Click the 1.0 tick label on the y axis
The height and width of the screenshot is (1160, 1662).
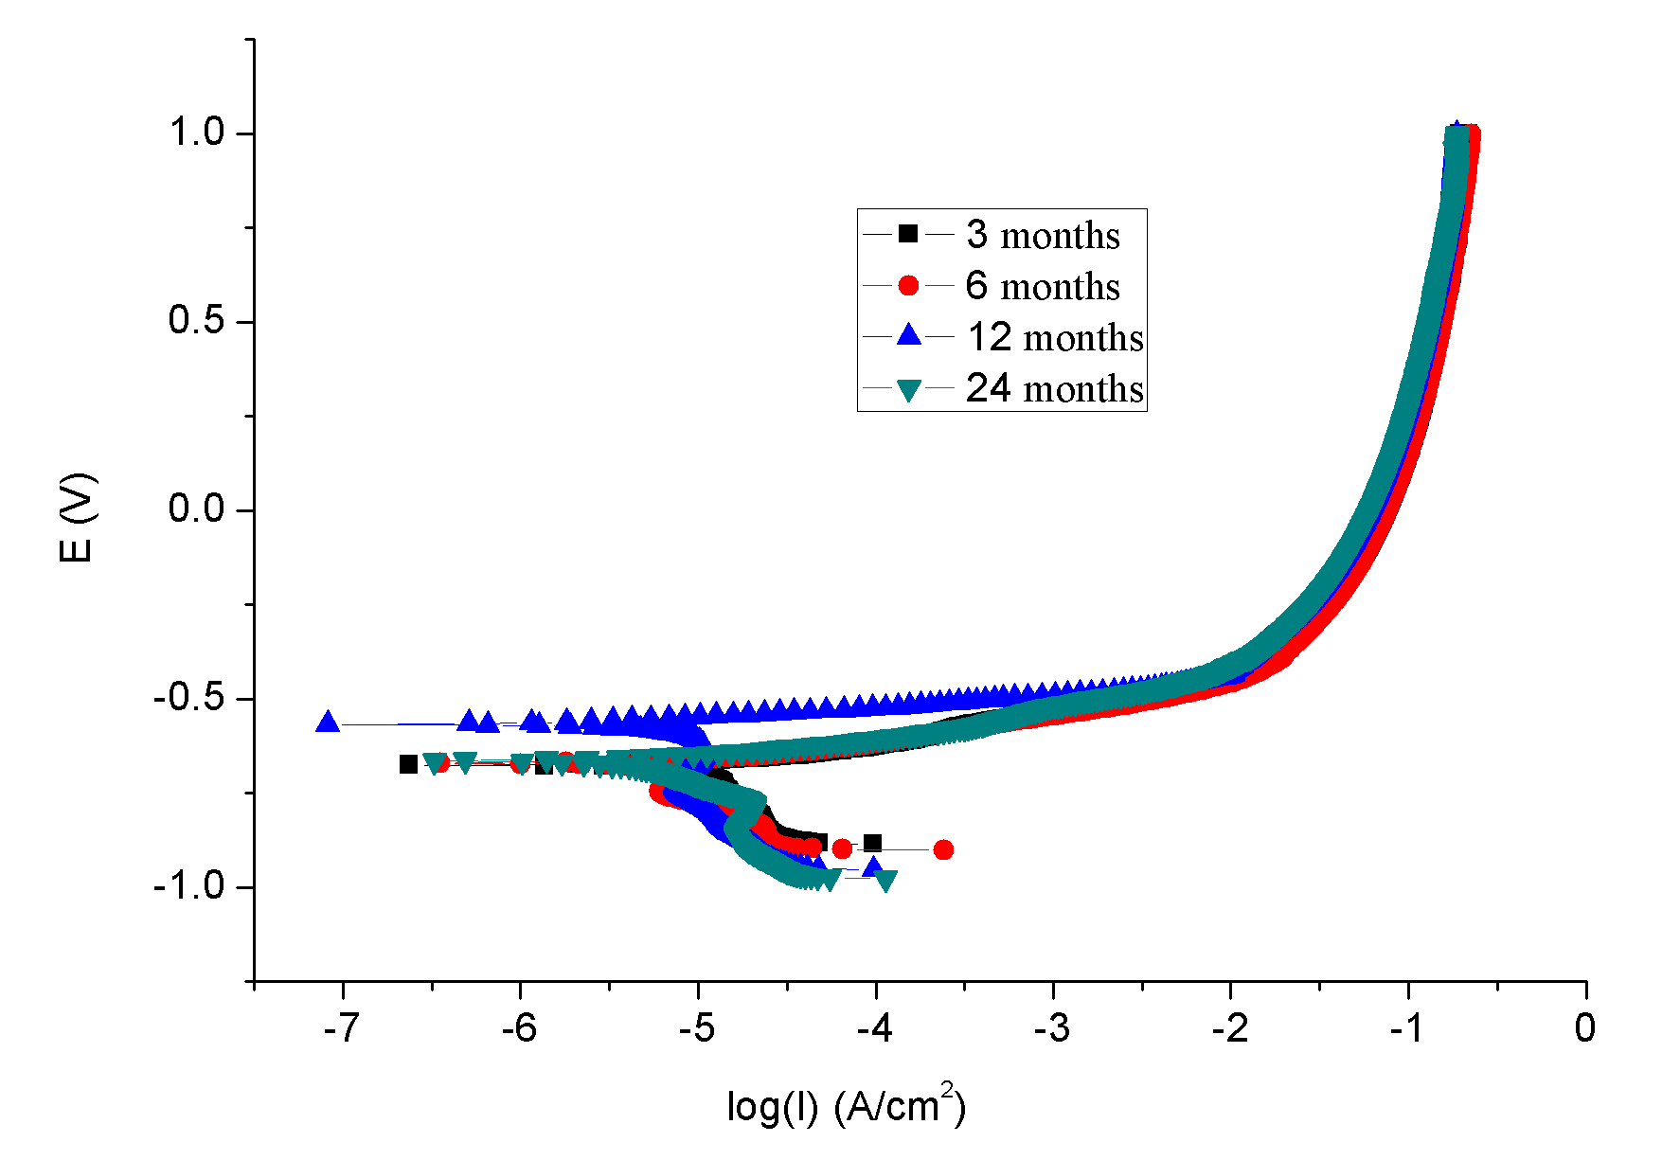(x=196, y=133)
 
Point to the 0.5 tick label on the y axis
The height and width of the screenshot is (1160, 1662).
(x=196, y=321)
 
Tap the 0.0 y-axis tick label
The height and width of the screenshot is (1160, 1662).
(x=196, y=509)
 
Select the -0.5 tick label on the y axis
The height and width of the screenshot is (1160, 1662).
(x=189, y=698)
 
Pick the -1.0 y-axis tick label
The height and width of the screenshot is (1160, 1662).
(x=189, y=886)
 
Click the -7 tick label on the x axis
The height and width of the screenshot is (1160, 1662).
(x=341, y=1028)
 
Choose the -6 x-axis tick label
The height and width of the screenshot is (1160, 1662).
(x=519, y=1028)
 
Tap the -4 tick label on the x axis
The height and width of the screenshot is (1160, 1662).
(x=874, y=1028)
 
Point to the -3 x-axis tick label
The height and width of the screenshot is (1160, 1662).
(x=1052, y=1028)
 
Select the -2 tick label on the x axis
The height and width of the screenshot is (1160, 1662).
(x=1230, y=1028)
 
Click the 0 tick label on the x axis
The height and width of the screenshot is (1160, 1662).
(x=1585, y=1028)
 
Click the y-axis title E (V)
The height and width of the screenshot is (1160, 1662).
(x=77, y=517)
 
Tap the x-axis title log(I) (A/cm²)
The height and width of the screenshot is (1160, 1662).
(x=846, y=1105)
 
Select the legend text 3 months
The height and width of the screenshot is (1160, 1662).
(x=1043, y=235)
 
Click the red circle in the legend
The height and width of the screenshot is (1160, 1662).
(x=908, y=285)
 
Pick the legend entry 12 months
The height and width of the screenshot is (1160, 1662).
(x=1054, y=337)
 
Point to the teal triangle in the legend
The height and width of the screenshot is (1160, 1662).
(x=908, y=389)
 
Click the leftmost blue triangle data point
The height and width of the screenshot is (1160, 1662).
(x=328, y=722)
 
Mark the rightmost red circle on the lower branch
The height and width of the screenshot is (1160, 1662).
(x=943, y=849)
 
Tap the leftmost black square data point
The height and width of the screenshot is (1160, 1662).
(x=408, y=763)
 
